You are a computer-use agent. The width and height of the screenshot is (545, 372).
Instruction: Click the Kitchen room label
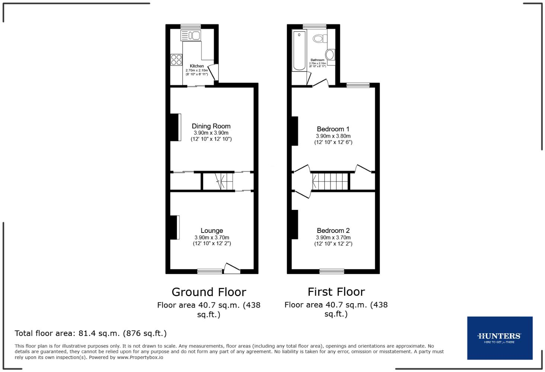[x=197, y=66]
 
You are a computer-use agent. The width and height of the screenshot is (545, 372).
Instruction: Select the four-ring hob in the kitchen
[x=176, y=60]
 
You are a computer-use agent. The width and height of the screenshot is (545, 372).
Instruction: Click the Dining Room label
[x=211, y=126]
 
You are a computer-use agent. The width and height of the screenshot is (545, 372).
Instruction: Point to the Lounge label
[x=211, y=231]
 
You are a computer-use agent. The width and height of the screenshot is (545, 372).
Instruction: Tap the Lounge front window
[x=210, y=272]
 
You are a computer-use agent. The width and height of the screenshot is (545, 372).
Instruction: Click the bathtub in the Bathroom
[x=299, y=51]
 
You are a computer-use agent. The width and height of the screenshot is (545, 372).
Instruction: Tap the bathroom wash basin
[x=330, y=54]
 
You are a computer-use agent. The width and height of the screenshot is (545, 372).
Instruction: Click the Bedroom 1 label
[x=333, y=129]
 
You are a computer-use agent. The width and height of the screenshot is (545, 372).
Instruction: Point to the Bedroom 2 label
[x=333, y=231]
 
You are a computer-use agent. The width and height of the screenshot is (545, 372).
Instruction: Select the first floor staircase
[x=330, y=181]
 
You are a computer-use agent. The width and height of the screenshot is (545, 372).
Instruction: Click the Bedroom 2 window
[x=332, y=272]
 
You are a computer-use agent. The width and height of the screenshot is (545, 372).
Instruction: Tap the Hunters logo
[x=500, y=338]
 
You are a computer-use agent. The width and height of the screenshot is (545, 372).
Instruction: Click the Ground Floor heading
[x=208, y=292]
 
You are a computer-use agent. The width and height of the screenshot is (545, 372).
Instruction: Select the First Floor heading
[x=336, y=292]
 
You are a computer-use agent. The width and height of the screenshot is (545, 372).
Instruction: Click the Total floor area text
[x=90, y=333]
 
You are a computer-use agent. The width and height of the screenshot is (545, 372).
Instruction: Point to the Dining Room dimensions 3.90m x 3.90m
[x=211, y=133]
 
